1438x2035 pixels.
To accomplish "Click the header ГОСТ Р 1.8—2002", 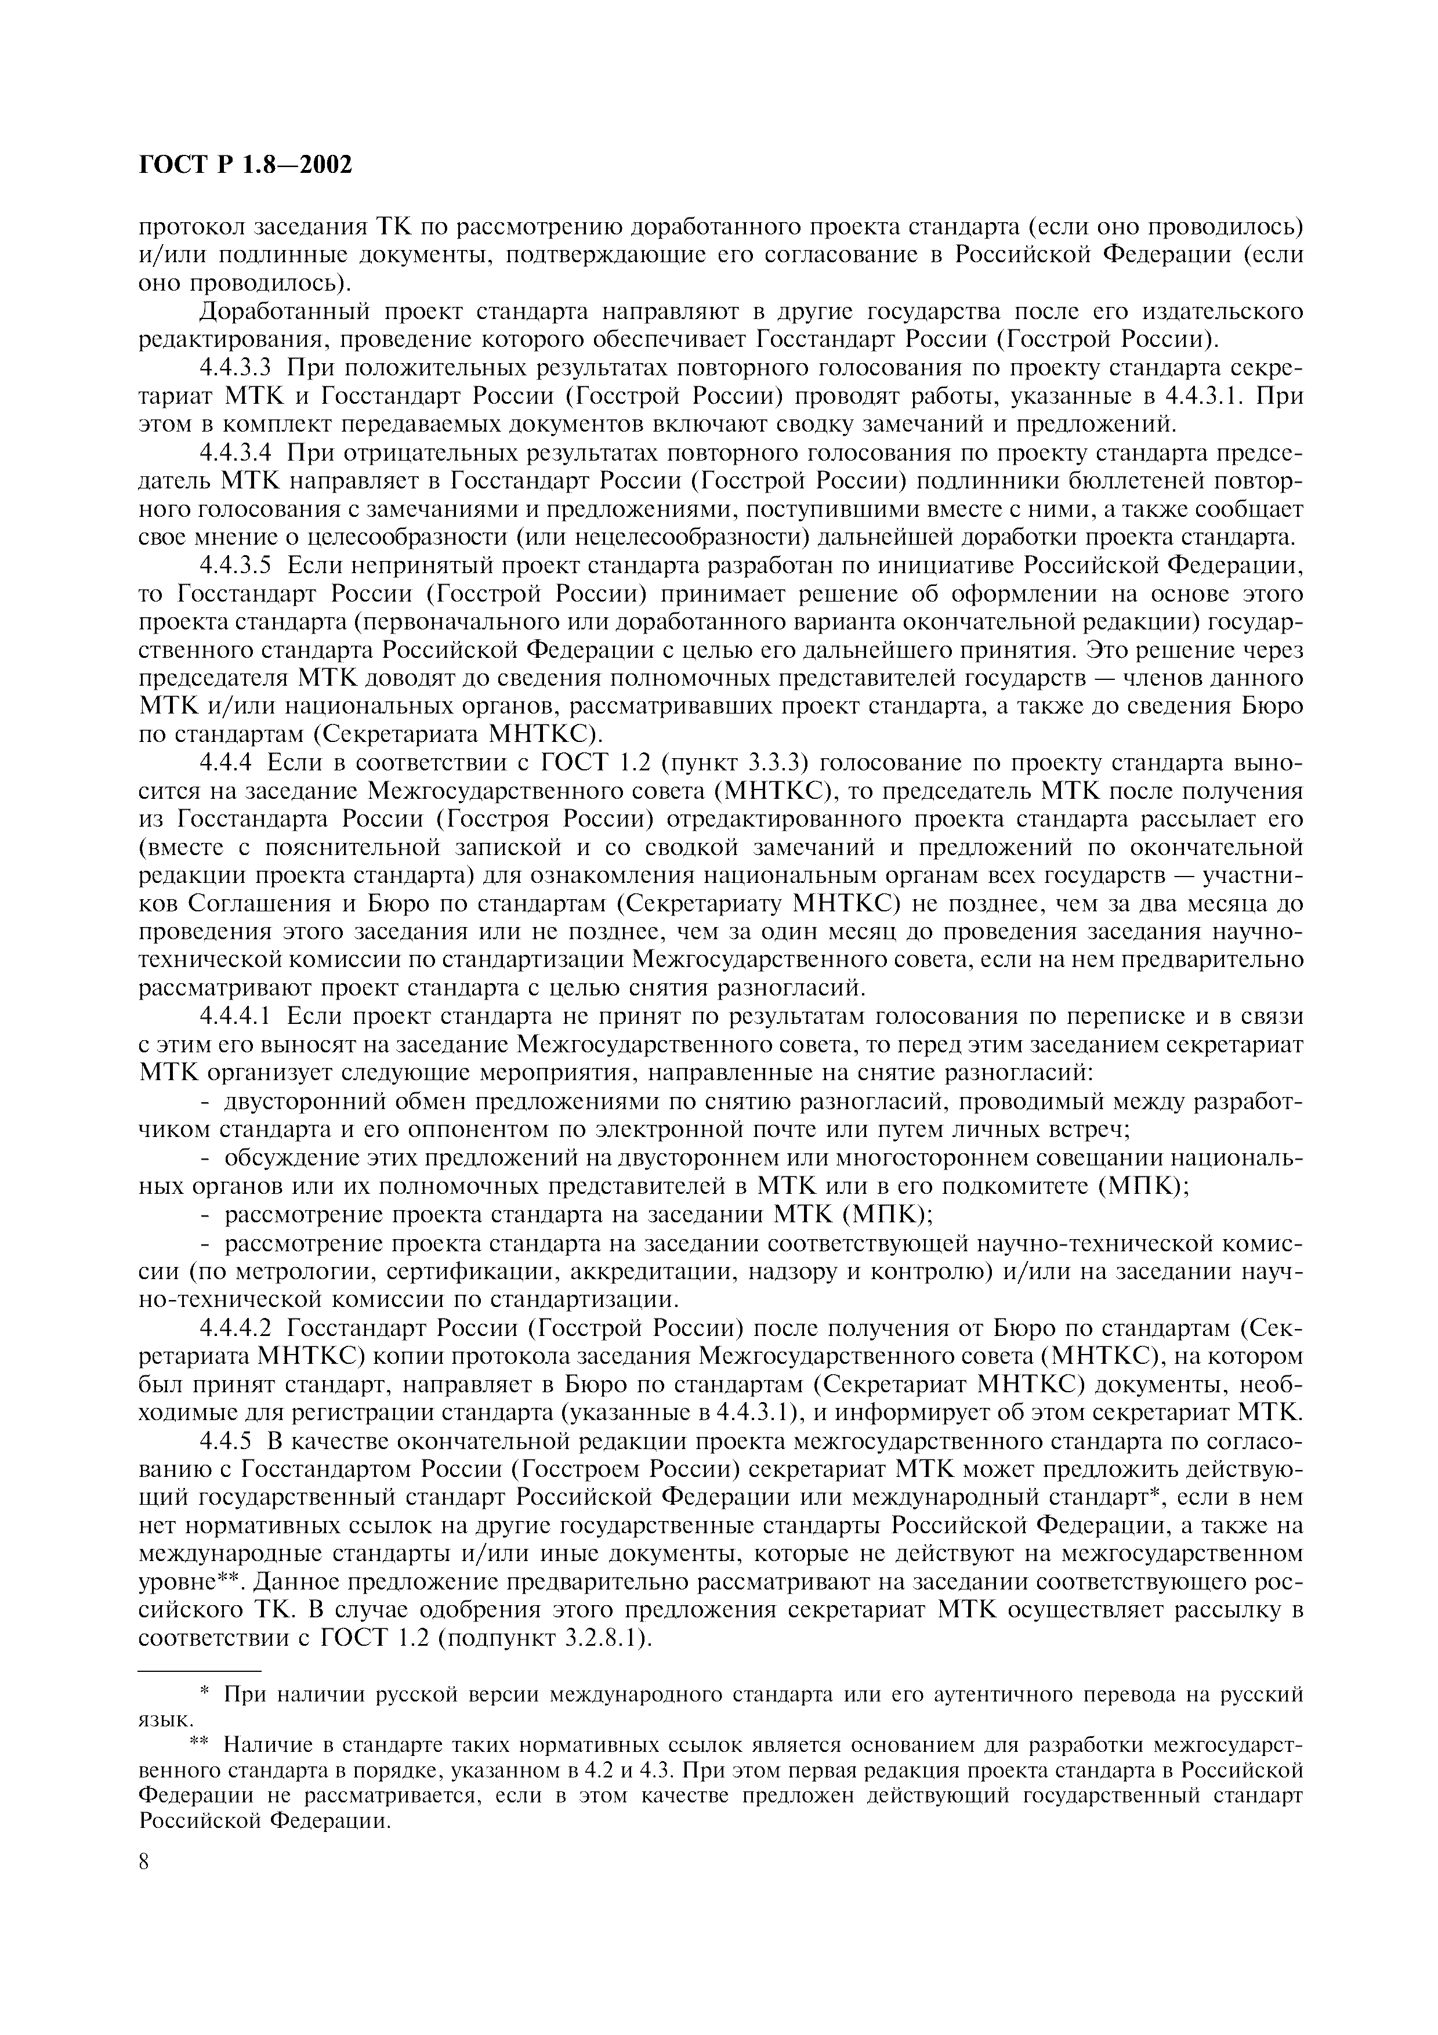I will (245, 165).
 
